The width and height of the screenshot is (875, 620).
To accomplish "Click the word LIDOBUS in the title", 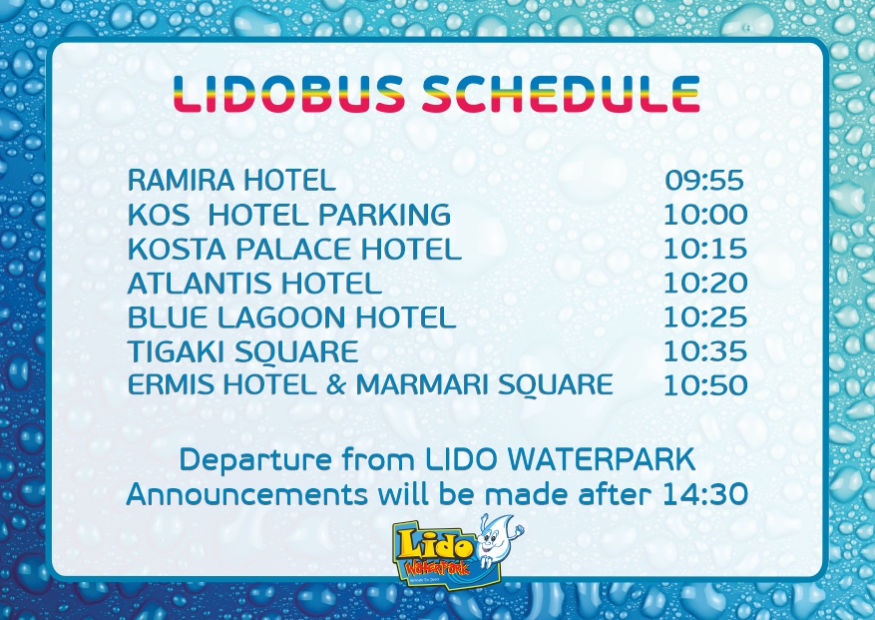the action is [x=289, y=94].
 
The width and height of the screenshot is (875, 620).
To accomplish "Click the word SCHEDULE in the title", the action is [x=561, y=94].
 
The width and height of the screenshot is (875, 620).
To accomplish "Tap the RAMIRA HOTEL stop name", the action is [x=231, y=180].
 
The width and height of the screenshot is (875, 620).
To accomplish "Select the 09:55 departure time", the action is [x=704, y=180].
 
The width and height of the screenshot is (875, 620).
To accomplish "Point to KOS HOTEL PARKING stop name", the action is [x=289, y=215].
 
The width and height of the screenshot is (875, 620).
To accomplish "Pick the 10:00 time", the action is [x=705, y=215].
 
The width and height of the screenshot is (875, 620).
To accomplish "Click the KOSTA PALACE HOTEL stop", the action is [x=294, y=249].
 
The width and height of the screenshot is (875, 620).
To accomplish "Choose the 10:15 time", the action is [x=705, y=249].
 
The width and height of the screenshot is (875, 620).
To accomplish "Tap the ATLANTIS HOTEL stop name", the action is [x=254, y=284].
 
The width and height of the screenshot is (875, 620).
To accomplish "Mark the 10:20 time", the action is [x=705, y=284].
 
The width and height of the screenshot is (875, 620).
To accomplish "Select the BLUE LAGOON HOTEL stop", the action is [x=292, y=317].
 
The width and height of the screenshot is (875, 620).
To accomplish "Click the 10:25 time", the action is [x=705, y=317].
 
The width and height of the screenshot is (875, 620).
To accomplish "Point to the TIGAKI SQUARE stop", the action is [x=242, y=351].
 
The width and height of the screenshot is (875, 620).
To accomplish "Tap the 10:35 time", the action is [x=705, y=351].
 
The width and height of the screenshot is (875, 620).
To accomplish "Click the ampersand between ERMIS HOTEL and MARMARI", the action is [x=336, y=384].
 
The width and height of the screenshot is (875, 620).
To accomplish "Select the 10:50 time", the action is [x=705, y=384].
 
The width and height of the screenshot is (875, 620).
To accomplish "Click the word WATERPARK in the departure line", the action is [x=602, y=459].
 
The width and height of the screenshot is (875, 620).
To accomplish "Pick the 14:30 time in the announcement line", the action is [x=704, y=494].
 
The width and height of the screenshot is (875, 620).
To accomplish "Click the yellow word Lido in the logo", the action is [x=431, y=544].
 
